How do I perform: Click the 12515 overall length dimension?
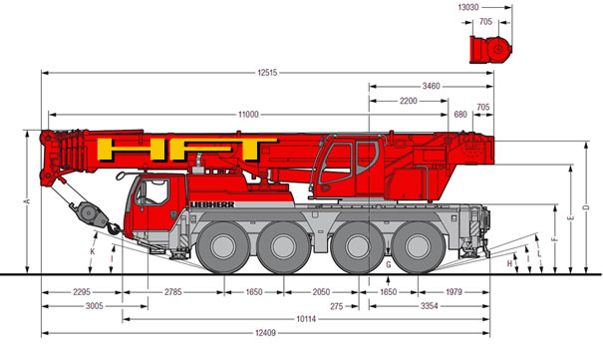[x=267, y=73]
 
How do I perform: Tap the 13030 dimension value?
[x=468, y=7]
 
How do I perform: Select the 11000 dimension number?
[x=248, y=115]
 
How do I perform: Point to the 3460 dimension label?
[x=431, y=86]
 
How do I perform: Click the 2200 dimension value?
[x=408, y=101]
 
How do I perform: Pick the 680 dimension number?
[x=460, y=115]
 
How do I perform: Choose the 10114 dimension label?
[x=306, y=319]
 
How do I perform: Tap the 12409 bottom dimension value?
[x=266, y=333]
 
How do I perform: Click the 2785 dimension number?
[x=173, y=292]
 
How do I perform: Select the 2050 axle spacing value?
[x=321, y=292]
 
